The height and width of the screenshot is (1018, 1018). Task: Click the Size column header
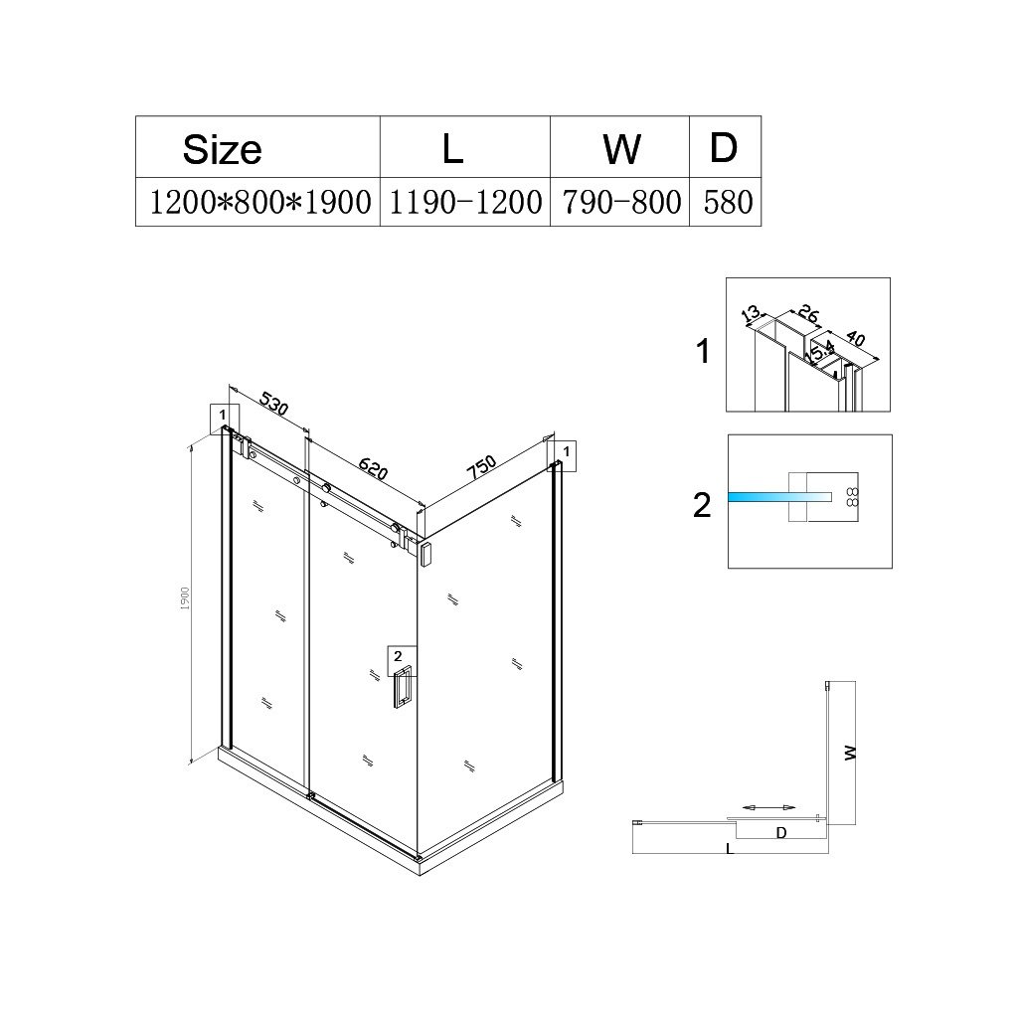tap(222, 150)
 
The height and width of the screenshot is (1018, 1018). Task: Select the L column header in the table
tap(452, 148)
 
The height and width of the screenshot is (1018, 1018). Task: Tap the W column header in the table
tap(621, 149)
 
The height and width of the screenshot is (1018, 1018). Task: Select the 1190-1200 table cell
tap(465, 203)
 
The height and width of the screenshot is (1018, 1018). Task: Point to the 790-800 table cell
tap(621, 203)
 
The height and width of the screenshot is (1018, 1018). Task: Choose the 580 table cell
tap(728, 203)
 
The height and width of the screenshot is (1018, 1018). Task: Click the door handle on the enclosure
tap(402, 689)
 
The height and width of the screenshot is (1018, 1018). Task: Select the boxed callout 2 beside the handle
tap(398, 655)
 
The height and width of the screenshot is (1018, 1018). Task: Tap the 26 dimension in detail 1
tap(808, 316)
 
